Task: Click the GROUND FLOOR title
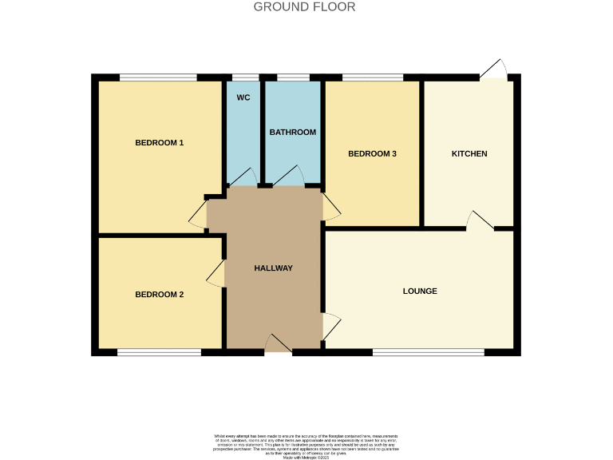pyautogui.click(x=304, y=7)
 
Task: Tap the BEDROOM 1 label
pyautogui.click(x=159, y=143)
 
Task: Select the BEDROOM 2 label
pyautogui.click(x=159, y=294)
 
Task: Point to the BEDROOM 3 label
pyautogui.click(x=372, y=154)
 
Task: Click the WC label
pyautogui.click(x=243, y=97)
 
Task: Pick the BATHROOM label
pyautogui.click(x=292, y=132)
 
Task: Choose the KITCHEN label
pyautogui.click(x=469, y=153)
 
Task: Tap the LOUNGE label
pyautogui.click(x=420, y=291)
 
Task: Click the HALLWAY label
pyautogui.click(x=274, y=268)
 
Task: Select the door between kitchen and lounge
pyautogui.click(x=480, y=221)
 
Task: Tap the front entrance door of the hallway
pyautogui.click(x=278, y=344)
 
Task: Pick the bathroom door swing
pyautogui.click(x=287, y=176)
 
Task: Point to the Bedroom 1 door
pyautogui.click(x=198, y=214)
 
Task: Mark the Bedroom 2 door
pyautogui.click(x=216, y=273)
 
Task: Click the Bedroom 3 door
pyautogui.click(x=331, y=207)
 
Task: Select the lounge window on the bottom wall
pyautogui.click(x=428, y=351)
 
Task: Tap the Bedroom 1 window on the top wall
pyautogui.click(x=158, y=77)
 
